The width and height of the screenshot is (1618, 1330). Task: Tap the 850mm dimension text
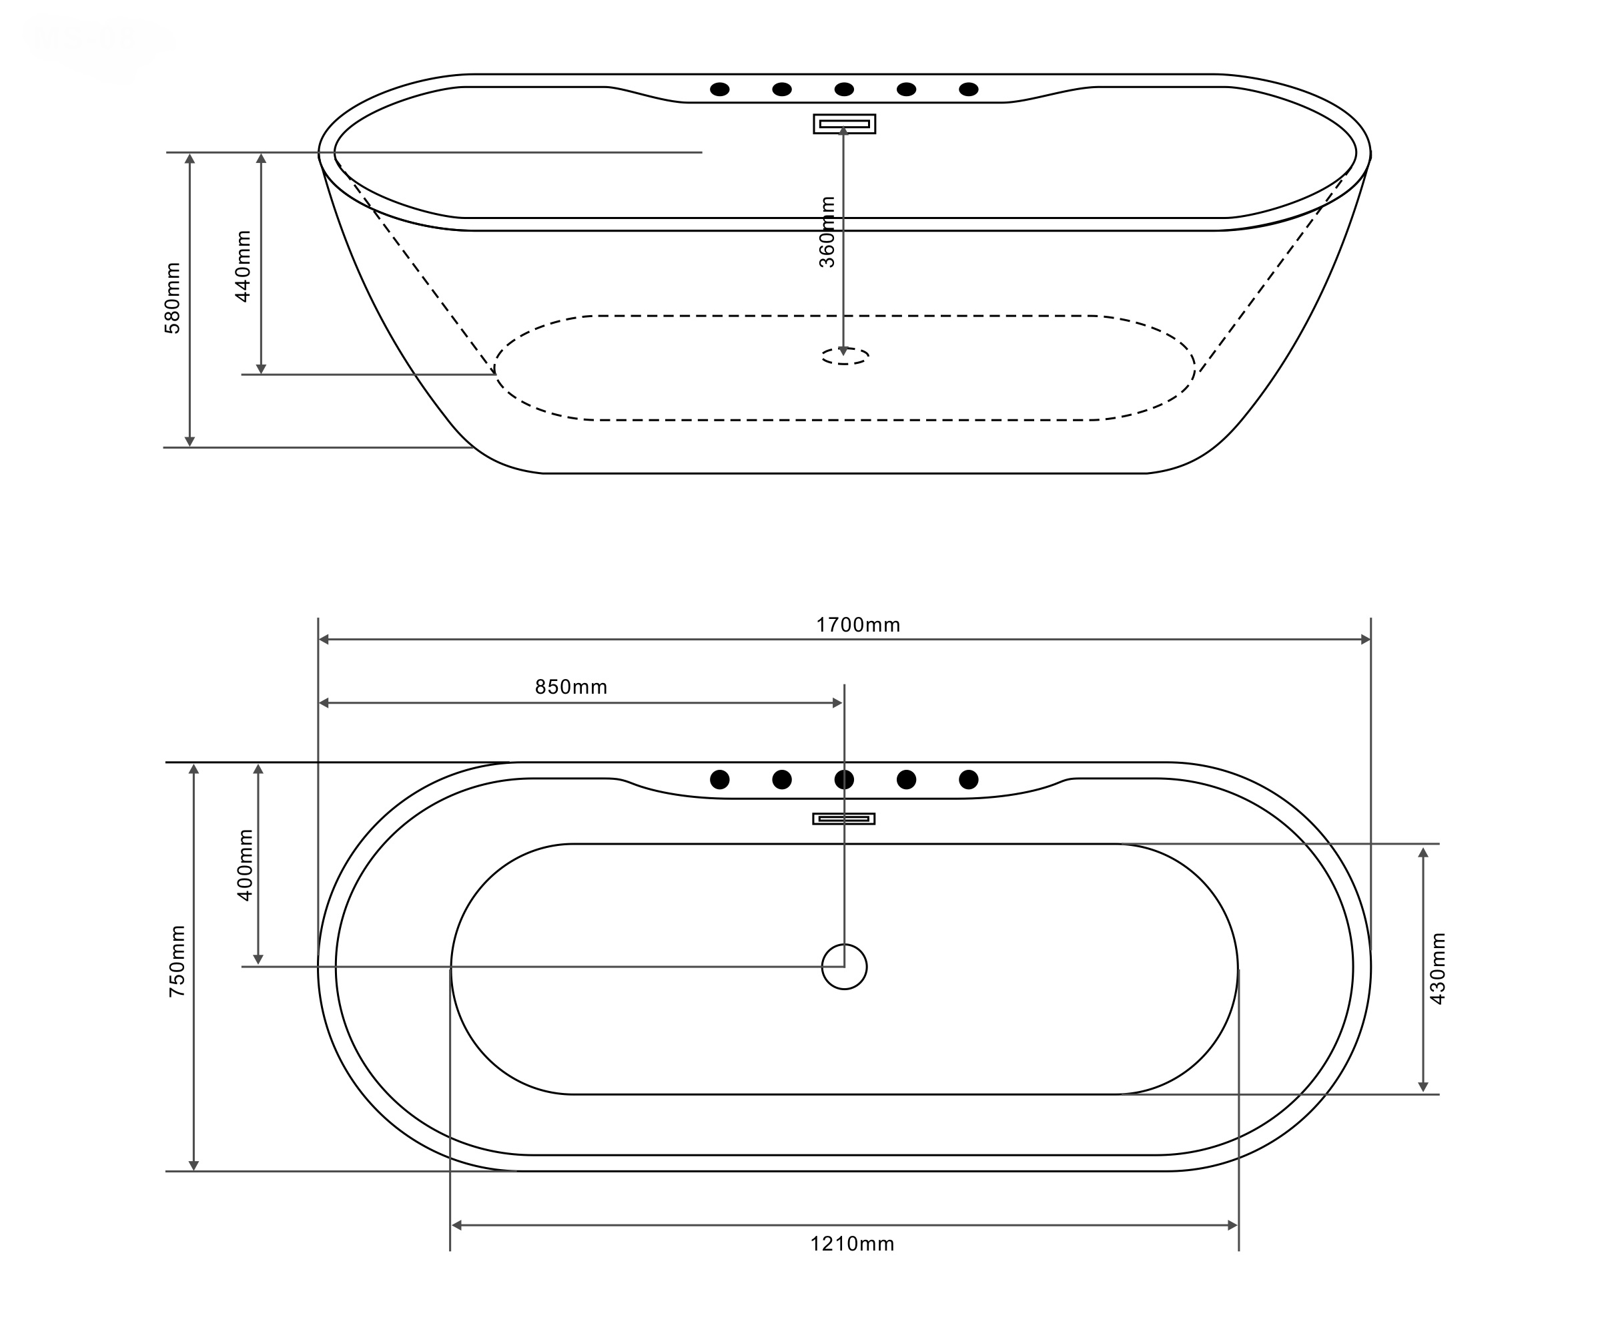coord(571,687)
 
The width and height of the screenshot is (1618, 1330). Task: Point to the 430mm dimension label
coord(1437,968)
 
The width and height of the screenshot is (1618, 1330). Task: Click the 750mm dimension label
coord(177,961)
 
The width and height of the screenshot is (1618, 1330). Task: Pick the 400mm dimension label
coord(245,865)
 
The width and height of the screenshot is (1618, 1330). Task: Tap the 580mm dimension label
coord(173,298)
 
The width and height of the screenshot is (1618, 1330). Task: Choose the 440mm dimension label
coord(243,266)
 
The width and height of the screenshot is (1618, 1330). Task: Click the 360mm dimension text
coord(827,232)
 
